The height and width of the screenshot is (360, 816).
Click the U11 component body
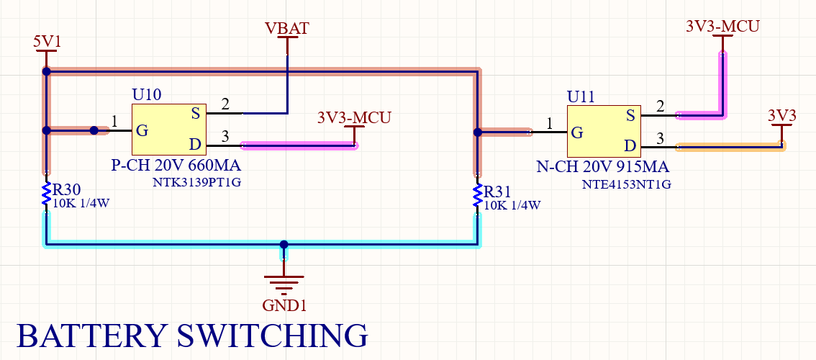tap(603, 131)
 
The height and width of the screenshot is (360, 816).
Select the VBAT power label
tap(287, 29)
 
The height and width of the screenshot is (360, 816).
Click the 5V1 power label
tap(47, 42)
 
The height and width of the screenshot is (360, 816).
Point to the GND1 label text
tap(284, 305)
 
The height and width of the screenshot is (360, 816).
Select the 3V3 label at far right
tap(781, 115)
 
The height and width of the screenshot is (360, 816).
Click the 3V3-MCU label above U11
tap(722, 26)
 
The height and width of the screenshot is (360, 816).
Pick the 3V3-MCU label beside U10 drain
tap(354, 117)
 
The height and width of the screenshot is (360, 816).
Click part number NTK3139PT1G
tap(196, 183)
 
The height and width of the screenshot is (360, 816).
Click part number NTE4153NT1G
tap(626, 184)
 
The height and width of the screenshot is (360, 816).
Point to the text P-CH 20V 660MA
tap(176, 165)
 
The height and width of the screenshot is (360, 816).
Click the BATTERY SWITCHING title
tap(191, 337)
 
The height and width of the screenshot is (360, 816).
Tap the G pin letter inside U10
tap(142, 131)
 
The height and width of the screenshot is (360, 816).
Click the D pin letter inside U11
tap(630, 147)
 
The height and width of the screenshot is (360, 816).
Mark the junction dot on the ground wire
tap(284, 245)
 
